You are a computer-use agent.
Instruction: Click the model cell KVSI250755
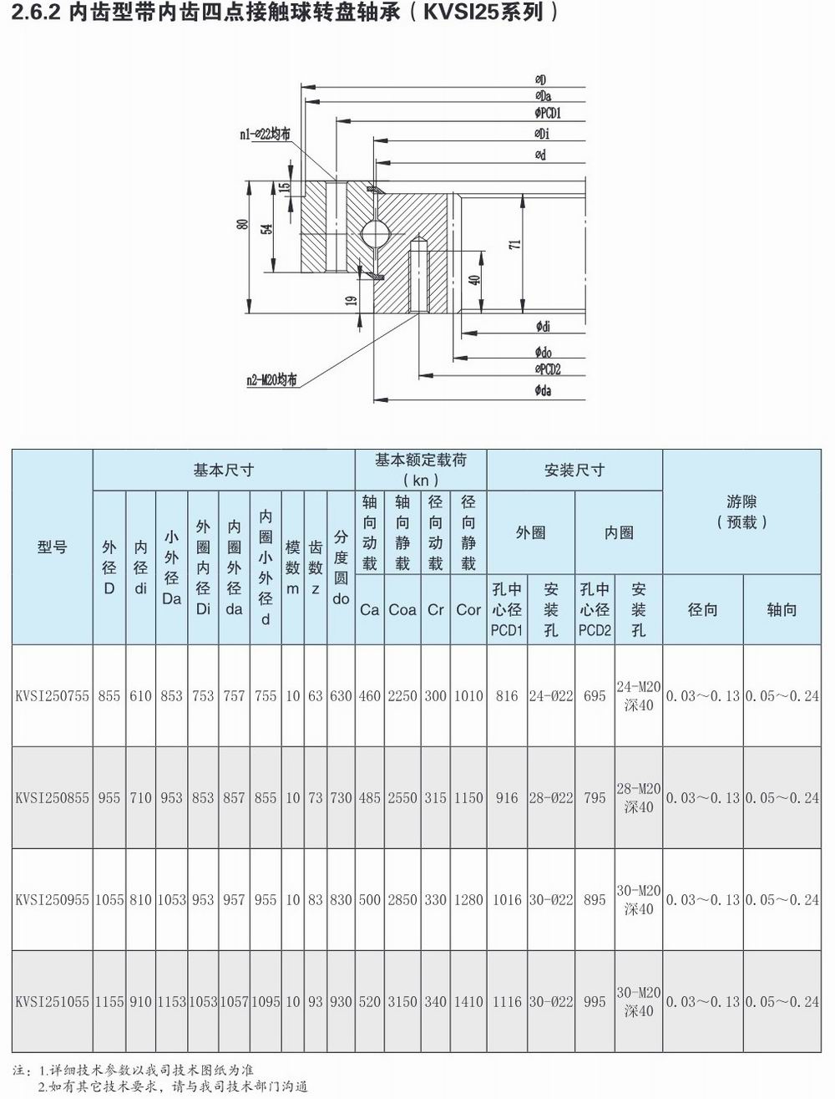click(x=52, y=696)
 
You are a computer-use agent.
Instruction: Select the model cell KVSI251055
click(x=52, y=1002)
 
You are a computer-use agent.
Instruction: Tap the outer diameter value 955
click(x=109, y=798)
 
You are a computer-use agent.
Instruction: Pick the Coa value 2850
click(x=402, y=900)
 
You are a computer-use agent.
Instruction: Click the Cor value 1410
click(x=468, y=1002)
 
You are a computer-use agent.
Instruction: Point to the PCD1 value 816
click(x=507, y=696)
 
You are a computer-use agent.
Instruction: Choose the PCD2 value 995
click(x=595, y=1002)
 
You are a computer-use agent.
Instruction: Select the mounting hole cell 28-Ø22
click(x=551, y=798)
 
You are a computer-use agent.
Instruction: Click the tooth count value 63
click(x=315, y=696)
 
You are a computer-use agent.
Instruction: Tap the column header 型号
click(x=52, y=547)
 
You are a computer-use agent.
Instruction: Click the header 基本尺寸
click(x=223, y=470)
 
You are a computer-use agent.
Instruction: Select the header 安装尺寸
click(x=574, y=470)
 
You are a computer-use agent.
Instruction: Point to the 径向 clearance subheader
click(x=702, y=610)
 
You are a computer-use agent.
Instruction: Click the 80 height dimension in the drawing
click(x=242, y=224)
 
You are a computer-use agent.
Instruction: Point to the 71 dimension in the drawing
click(x=515, y=244)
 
